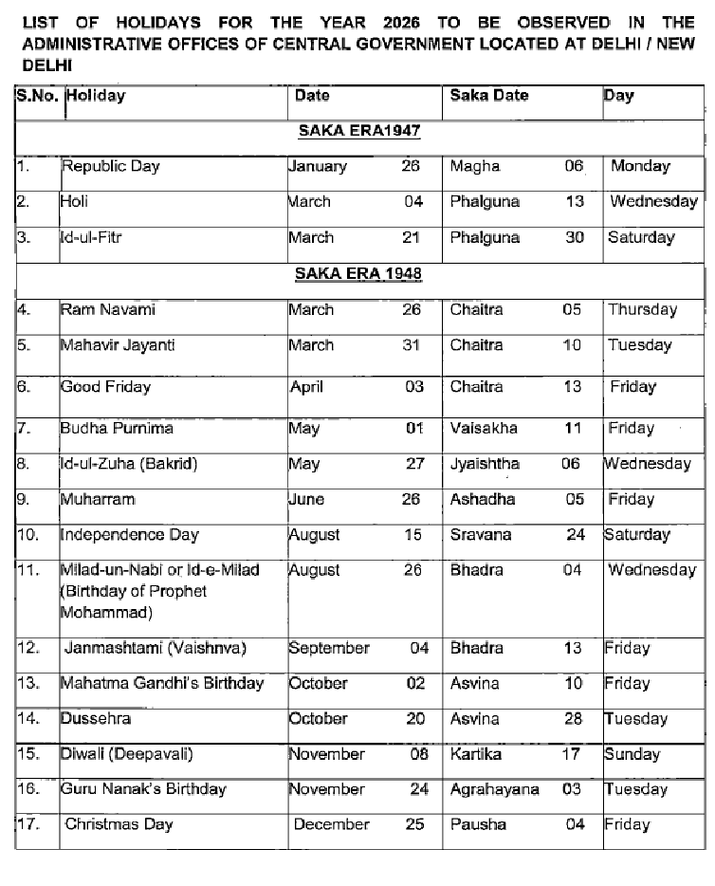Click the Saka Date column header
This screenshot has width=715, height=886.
(x=488, y=96)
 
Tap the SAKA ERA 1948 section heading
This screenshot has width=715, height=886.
(x=357, y=273)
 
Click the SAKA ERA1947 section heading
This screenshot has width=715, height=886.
(x=357, y=131)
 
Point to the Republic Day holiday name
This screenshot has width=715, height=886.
(x=110, y=166)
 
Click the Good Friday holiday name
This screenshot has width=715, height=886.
(x=105, y=387)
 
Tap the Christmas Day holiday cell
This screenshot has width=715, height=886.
(x=119, y=824)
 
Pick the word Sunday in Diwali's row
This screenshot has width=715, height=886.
(x=632, y=754)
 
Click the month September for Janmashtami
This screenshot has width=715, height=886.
(x=329, y=649)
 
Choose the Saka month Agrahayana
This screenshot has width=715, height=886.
(x=494, y=789)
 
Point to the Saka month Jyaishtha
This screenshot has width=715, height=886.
(x=486, y=464)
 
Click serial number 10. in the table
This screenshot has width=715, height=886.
(x=28, y=535)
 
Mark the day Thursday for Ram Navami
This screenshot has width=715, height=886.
(x=642, y=309)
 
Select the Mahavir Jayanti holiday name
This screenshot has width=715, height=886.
(x=118, y=345)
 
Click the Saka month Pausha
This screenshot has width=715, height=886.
(x=478, y=824)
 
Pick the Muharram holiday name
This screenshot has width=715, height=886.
(x=98, y=499)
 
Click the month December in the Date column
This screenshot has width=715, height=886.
(x=331, y=824)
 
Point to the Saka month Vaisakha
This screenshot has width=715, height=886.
(x=484, y=428)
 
